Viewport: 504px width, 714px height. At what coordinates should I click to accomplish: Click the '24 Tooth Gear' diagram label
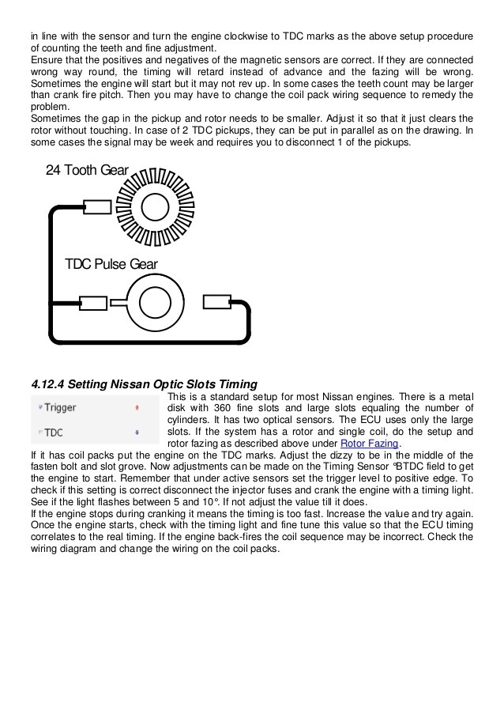87,170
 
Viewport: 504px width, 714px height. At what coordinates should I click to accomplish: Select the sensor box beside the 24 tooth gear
97,208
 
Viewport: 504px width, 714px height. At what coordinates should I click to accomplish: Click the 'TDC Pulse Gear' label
111,264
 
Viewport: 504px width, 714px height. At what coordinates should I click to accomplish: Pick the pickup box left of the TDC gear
93,302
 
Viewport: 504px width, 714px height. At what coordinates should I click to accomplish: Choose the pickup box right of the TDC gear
216,301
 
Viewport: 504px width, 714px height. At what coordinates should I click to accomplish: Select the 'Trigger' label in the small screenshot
59,408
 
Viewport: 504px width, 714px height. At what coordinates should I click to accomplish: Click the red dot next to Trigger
137,408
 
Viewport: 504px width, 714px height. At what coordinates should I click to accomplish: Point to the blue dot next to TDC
137,433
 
